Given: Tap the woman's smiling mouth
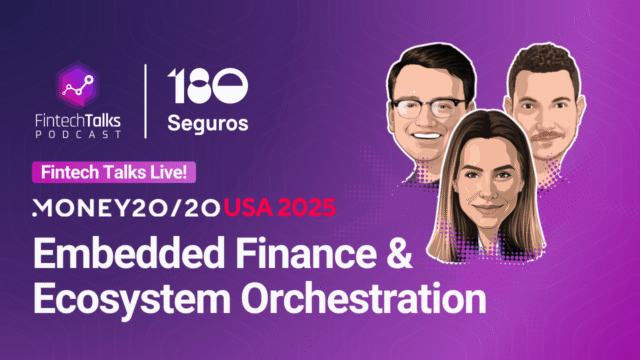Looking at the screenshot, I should pyautogui.click(x=487, y=213).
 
